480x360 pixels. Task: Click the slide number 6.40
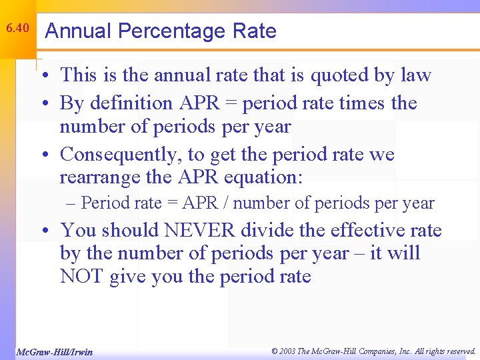pos(17,29)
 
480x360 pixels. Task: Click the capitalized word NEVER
pos(199,231)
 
